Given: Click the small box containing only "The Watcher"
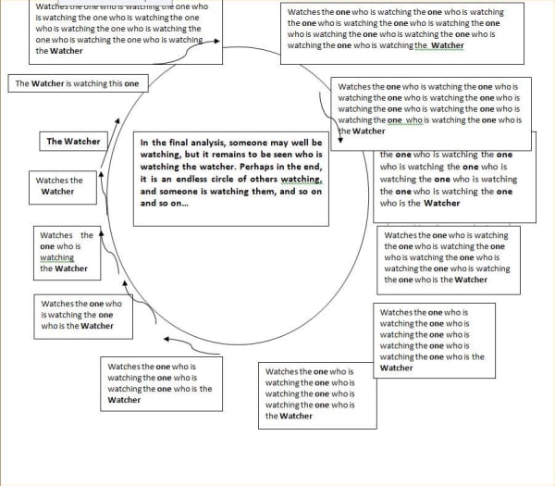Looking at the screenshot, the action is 74,142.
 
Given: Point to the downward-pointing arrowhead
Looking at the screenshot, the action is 340,143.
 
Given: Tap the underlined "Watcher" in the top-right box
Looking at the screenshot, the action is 448,46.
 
